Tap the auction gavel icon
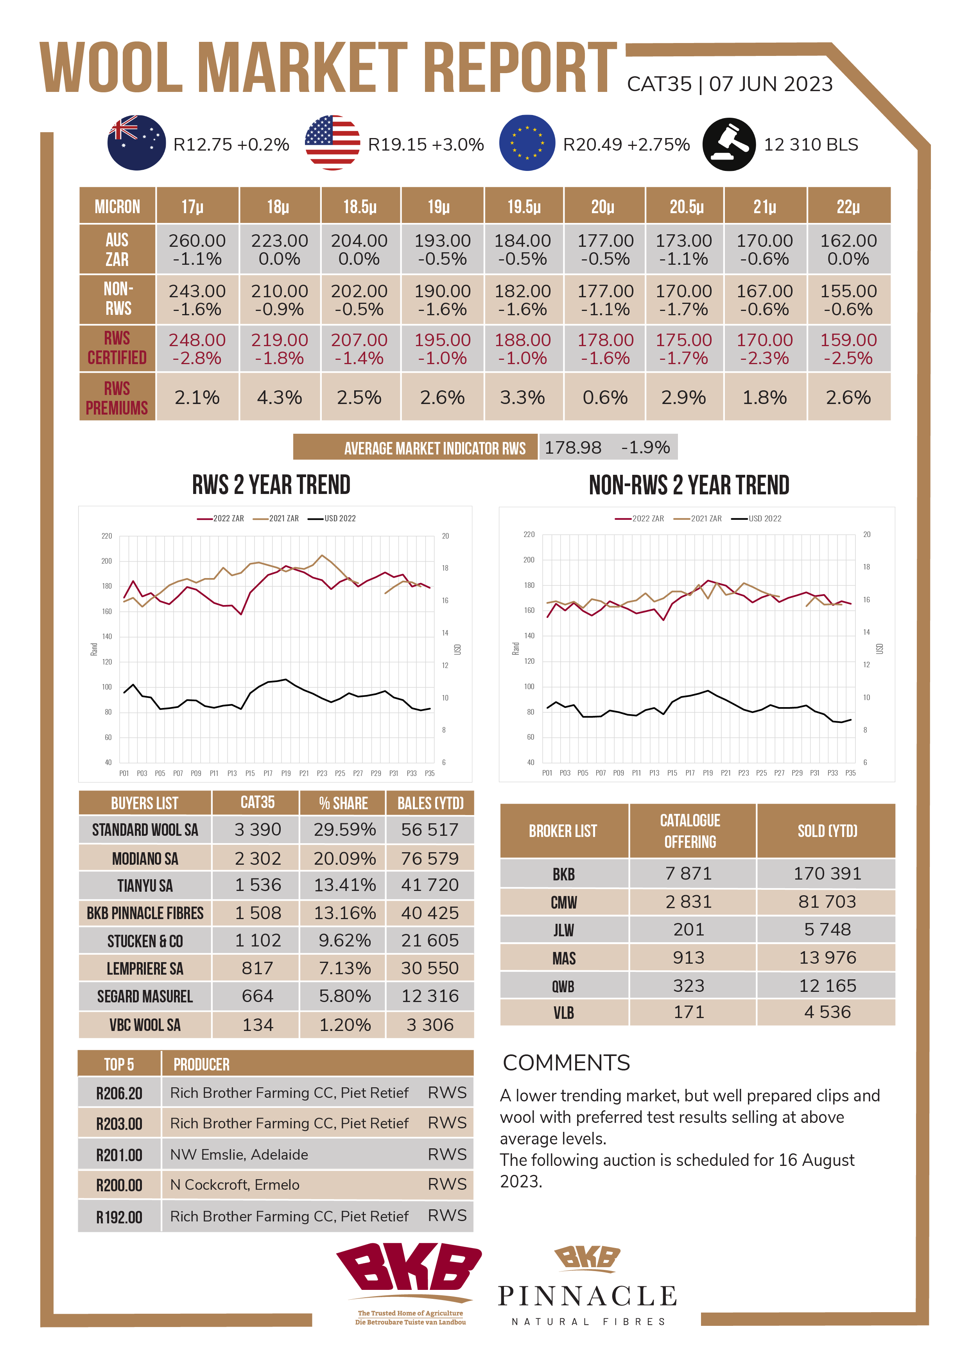(x=729, y=144)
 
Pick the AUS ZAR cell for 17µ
(x=197, y=249)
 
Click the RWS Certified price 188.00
(x=523, y=340)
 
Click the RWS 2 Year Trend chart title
(x=271, y=485)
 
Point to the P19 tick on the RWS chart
(x=286, y=773)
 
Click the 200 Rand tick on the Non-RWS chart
(x=529, y=560)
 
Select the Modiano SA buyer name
(x=145, y=859)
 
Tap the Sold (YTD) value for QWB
(x=827, y=985)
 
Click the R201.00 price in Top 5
(x=120, y=1155)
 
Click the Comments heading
(x=566, y=1063)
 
